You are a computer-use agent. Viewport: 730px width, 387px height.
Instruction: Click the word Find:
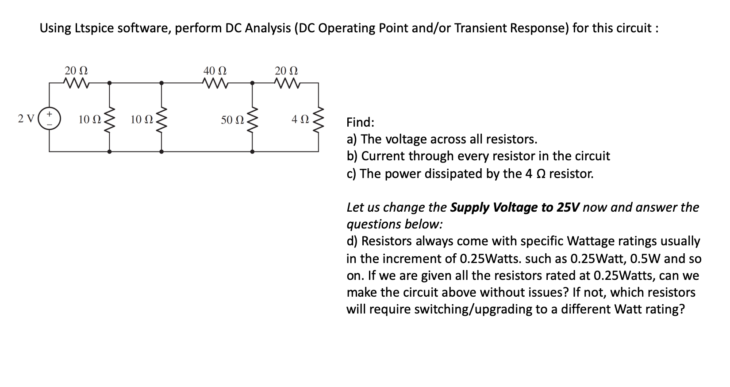pos(360,122)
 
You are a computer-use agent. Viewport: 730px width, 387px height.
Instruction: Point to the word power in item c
pos(401,174)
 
